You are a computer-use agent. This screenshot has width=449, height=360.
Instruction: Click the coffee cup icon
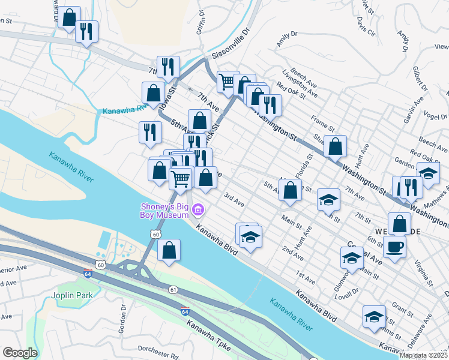394,246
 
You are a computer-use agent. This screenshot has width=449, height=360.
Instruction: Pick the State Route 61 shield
173,290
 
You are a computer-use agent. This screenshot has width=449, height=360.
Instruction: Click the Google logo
20,353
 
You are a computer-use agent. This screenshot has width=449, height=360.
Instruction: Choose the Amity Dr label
287,40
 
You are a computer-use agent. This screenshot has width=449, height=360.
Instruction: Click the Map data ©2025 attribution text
424,355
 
